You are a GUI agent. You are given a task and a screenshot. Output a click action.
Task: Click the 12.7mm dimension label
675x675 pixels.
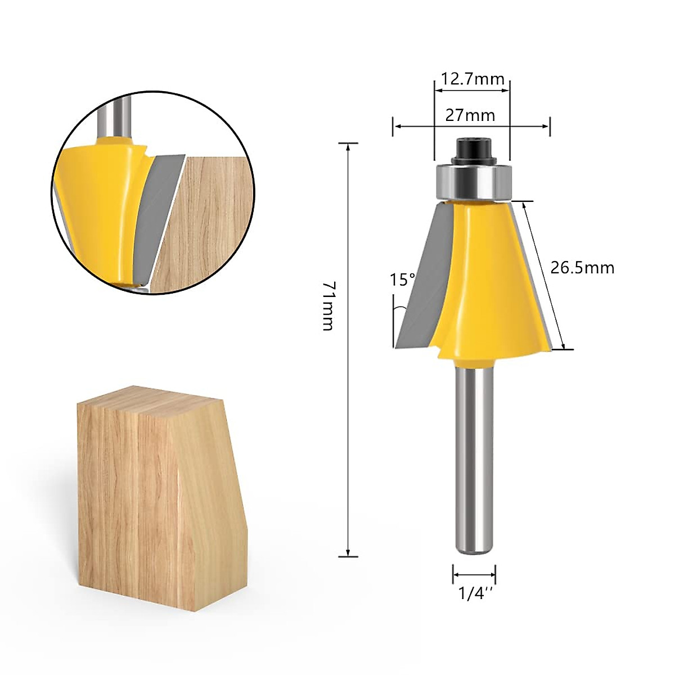(472, 79)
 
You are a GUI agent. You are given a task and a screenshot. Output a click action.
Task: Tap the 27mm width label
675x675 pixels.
(470, 115)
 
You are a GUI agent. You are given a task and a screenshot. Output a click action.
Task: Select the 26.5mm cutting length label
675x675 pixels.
(582, 268)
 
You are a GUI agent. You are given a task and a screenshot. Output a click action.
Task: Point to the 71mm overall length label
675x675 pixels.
(329, 306)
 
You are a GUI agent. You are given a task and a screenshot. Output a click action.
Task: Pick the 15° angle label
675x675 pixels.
(403, 280)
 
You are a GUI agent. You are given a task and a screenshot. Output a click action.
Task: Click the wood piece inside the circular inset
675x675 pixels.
(208, 225)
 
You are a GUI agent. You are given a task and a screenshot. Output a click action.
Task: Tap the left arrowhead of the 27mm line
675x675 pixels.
(396, 127)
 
